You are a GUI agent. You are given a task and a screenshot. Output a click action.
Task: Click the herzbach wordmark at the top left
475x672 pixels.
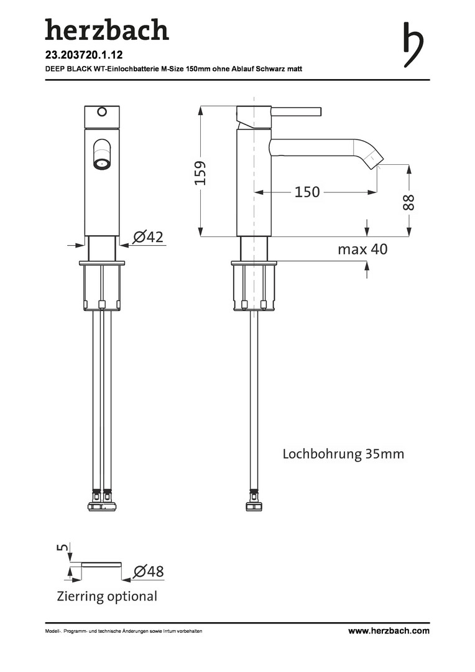tap(107, 29)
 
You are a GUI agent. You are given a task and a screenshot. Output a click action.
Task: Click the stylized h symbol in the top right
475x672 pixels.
tap(413, 45)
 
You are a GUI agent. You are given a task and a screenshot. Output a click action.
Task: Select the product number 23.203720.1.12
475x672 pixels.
tap(84, 55)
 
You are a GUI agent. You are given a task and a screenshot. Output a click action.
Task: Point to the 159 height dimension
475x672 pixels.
tap(200, 172)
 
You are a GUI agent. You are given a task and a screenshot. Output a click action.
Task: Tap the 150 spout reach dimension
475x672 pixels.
tap(307, 192)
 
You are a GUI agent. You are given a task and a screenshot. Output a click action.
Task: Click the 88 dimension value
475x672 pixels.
tap(408, 202)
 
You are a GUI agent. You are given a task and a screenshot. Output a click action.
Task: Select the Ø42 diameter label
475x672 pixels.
tap(148, 236)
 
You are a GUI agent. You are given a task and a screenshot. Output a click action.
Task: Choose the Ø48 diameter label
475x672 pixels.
tap(149, 571)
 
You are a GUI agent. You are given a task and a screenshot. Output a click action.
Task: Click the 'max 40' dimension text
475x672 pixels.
tap(362, 249)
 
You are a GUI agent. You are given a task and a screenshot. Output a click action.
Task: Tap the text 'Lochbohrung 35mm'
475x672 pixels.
tap(343, 454)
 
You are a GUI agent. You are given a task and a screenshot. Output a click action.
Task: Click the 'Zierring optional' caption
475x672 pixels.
tap(107, 596)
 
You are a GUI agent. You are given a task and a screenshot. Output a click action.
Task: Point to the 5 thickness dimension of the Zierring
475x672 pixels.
tap(63, 548)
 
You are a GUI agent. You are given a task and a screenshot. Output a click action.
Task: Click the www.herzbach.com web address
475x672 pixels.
tap(389, 630)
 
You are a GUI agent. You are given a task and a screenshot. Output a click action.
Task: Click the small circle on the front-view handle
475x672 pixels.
tap(102, 112)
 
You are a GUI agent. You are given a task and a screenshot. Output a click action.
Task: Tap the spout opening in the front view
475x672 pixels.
tap(102, 163)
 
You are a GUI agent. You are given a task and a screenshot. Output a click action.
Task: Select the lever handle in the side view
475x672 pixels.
tap(296, 111)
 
